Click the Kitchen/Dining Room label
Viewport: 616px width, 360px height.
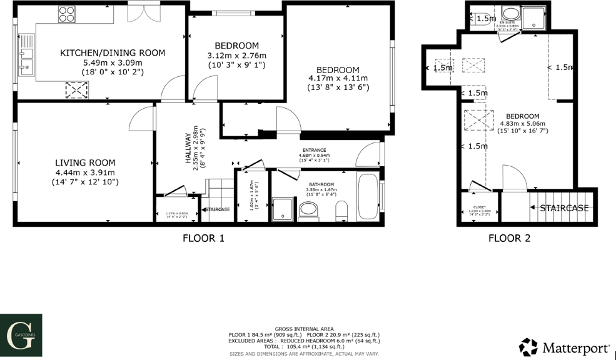click(x=113, y=53)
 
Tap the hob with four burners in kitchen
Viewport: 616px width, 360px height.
click(x=68, y=13)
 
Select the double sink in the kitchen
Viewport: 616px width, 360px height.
click(x=26, y=59)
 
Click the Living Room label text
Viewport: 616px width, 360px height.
click(x=85, y=162)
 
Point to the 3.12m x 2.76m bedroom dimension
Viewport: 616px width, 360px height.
click(x=236, y=56)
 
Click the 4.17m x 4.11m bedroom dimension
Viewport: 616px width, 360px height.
click(x=338, y=79)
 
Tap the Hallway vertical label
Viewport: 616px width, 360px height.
click(x=187, y=149)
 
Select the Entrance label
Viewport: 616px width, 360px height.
click(x=315, y=150)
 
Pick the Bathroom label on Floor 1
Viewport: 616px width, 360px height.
click(x=321, y=184)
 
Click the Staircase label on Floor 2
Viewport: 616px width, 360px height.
click(x=564, y=208)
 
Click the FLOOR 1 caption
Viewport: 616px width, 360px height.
click(x=203, y=238)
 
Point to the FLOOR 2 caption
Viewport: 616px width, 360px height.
click(x=509, y=238)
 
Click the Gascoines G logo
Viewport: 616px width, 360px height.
click(x=21, y=333)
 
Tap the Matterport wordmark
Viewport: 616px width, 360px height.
click(x=575, y=347)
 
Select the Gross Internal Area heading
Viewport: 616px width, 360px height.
click(x=304, y=329)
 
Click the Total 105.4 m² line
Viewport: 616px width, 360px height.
click(x=304, y=346)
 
